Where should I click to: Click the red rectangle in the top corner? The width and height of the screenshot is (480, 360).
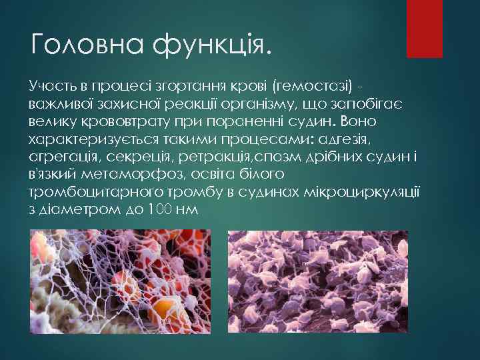click(x=425, y=28)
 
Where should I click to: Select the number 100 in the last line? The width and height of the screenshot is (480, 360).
click(x=157, y=209)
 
